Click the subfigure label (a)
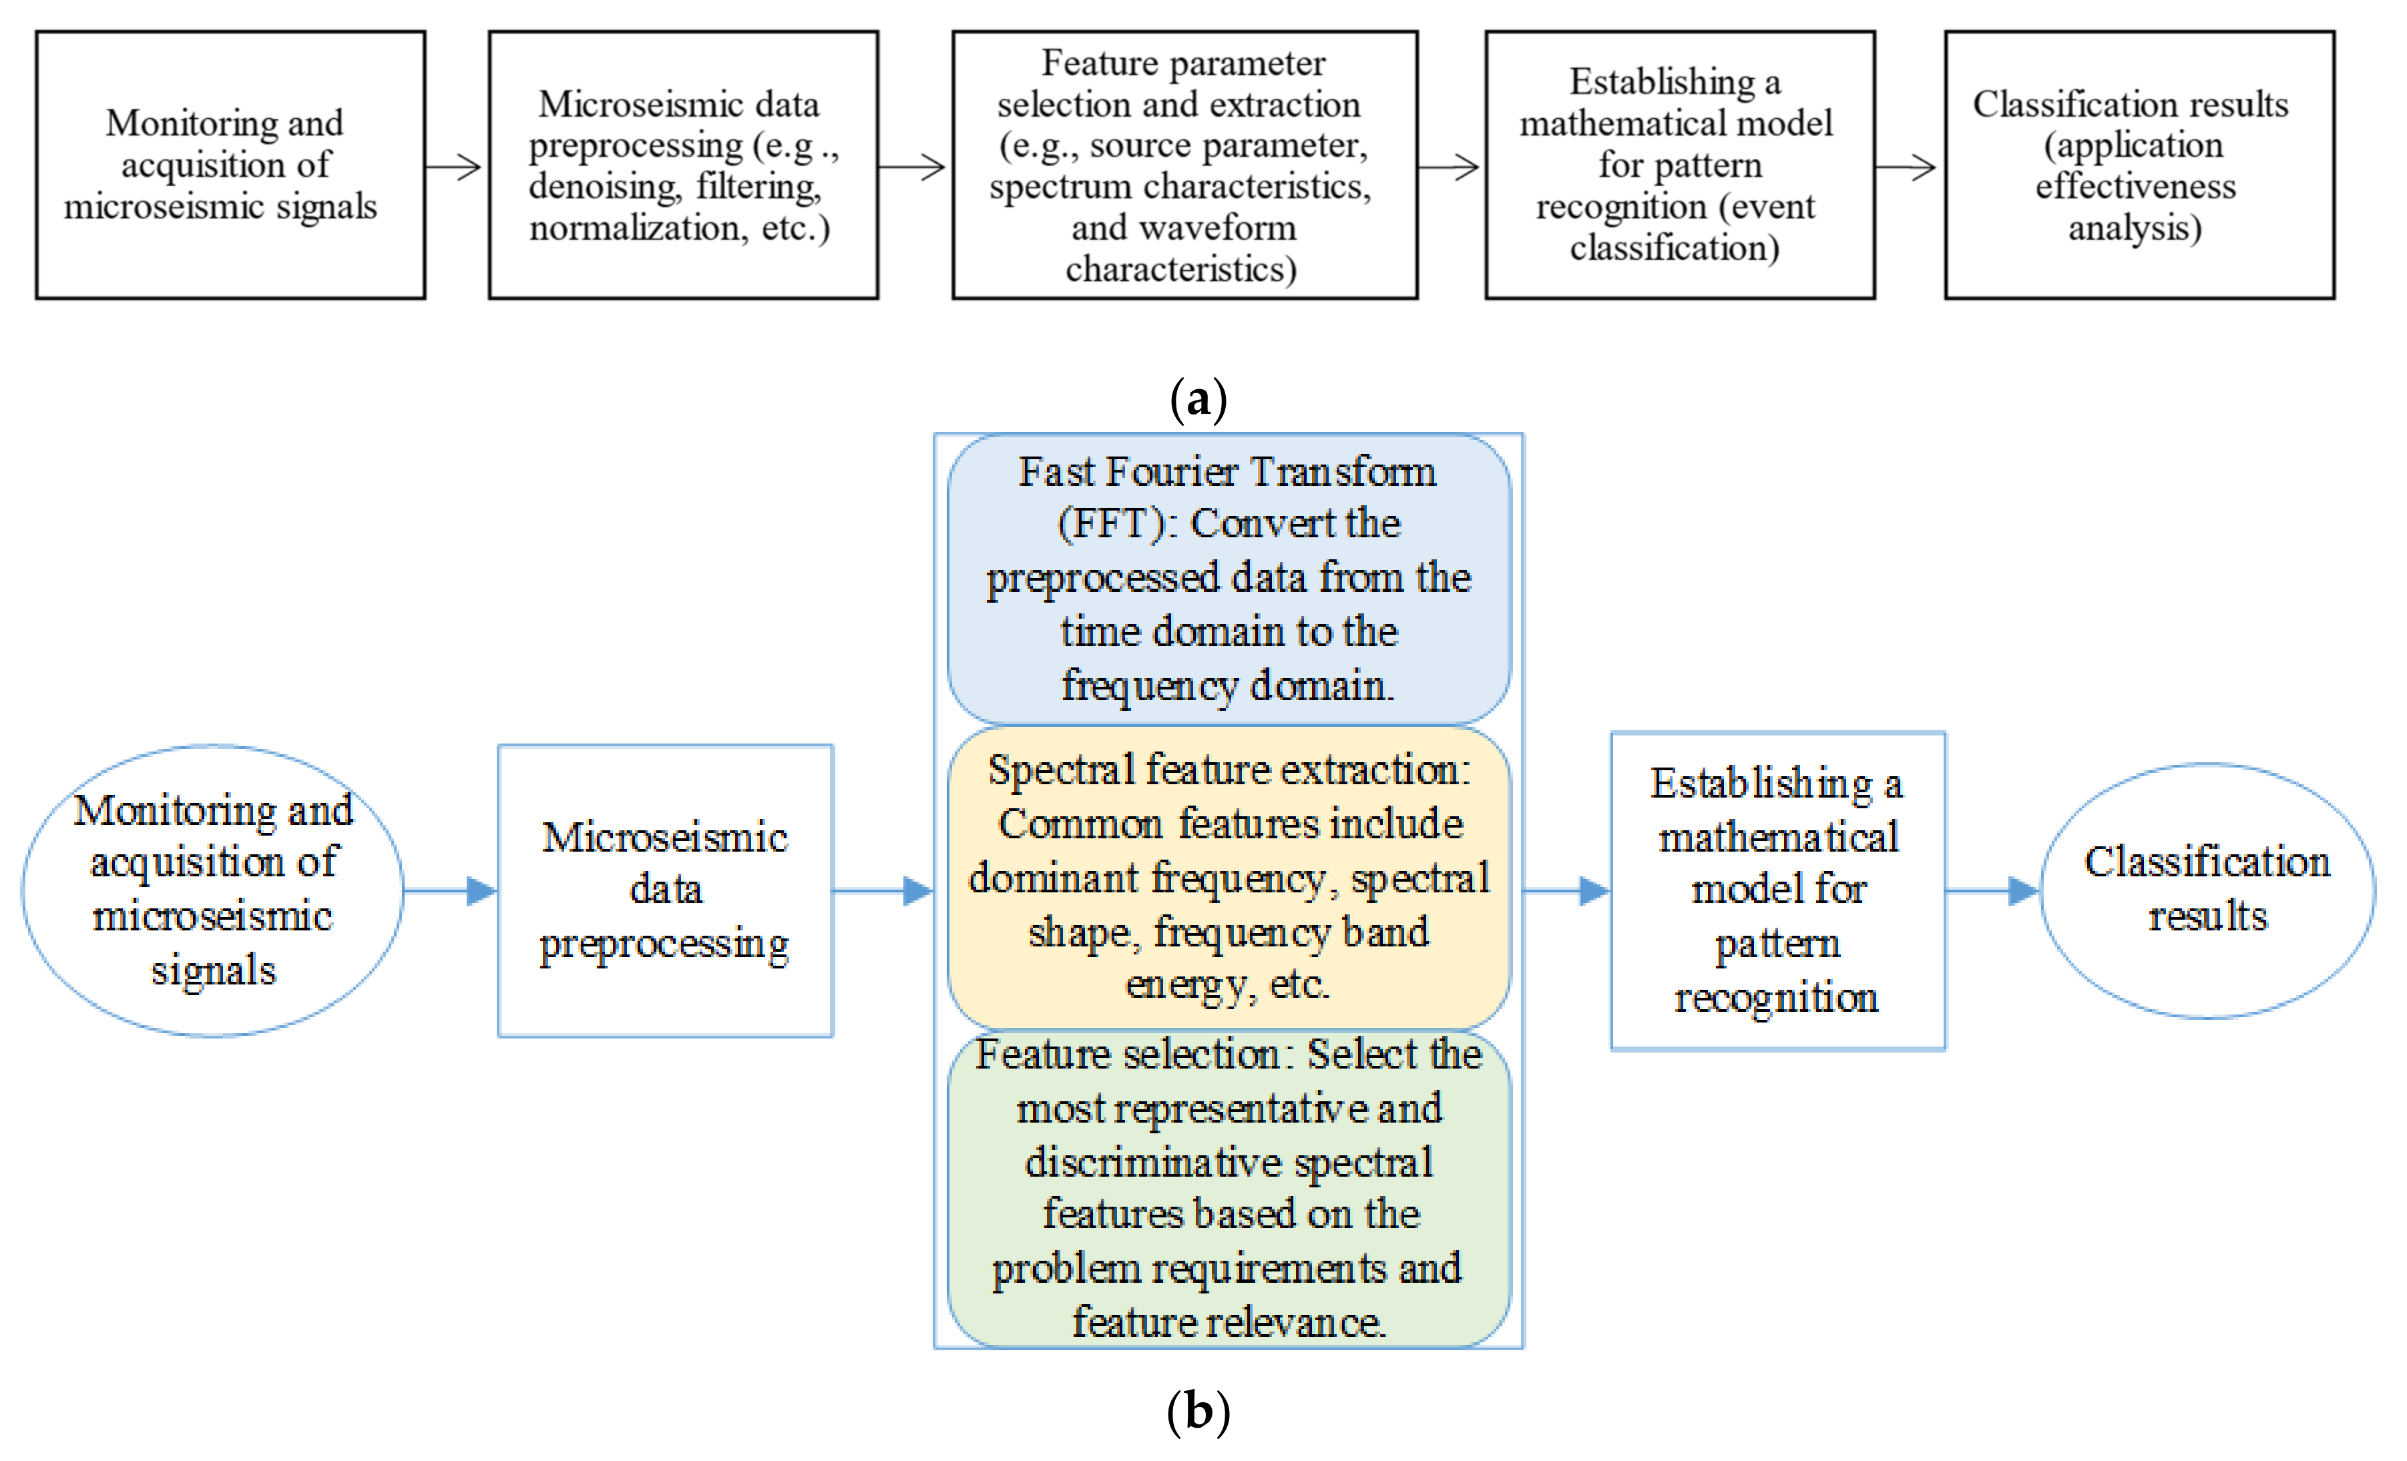click(x=1198, y=399)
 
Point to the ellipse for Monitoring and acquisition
click(x=213, y=890)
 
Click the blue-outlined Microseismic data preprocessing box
click(x=665, y=890)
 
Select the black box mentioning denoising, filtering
click(x=683, y=165)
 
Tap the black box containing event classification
click(x=1679, y=165)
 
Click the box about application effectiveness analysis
click(x=2139, y=165)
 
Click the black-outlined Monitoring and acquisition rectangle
click(x=230, y=165)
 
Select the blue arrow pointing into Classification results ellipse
click(x=1993, y=890)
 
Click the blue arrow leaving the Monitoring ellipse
click(x=450, y=890)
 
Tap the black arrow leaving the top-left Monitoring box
click(x=454, y=167)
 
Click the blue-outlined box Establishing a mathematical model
click(x=1777, y=890)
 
